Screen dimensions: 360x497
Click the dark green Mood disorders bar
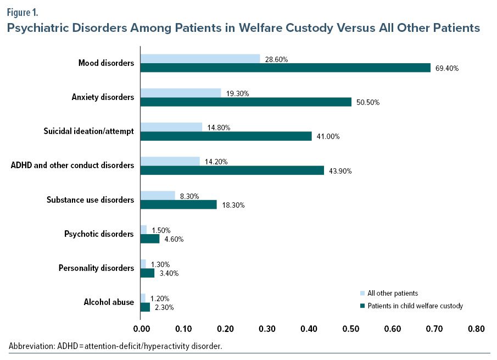286,68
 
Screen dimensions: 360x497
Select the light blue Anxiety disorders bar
181,93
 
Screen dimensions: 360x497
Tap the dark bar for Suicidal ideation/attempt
226,136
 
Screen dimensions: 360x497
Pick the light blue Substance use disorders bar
158,195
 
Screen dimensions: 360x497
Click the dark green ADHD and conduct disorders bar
232,170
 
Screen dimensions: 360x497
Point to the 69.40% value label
446,69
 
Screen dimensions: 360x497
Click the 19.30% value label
237,93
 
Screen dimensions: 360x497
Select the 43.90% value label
340,171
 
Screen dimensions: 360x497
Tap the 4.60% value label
175,239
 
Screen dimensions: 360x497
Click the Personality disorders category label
96,268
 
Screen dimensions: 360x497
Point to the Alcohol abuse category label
109,302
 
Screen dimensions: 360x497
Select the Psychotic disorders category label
99,234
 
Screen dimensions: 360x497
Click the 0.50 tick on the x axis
351,329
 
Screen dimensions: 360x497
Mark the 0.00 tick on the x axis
141,329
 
